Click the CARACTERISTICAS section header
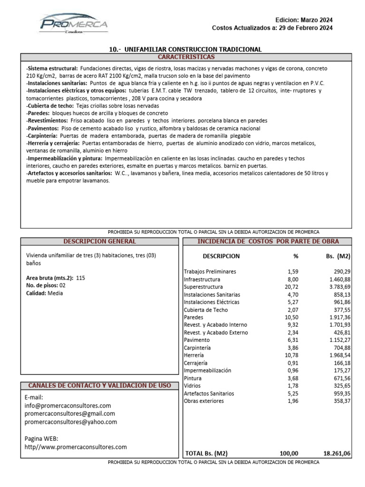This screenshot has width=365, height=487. click(186, 57)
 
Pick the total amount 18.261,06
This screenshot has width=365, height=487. click(337, 454)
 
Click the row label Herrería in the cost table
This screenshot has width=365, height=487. click(194, 355)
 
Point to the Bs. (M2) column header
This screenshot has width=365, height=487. click(338, 256)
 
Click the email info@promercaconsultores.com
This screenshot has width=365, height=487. click(67, 406)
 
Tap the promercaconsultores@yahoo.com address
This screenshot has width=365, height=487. click(71, 422)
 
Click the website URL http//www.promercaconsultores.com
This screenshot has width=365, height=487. click(76, 447)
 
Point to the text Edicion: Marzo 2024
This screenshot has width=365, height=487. click(304, 20)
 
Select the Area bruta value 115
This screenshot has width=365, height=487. click(80, 278)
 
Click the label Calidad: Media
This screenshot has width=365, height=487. click(44, 293)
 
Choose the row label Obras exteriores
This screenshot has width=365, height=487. click(203, 401)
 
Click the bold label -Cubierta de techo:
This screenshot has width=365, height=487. click(49, 106)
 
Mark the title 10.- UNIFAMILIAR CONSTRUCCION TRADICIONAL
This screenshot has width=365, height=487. click(185, 49)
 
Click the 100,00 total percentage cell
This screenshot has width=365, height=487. click(289, 454)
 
